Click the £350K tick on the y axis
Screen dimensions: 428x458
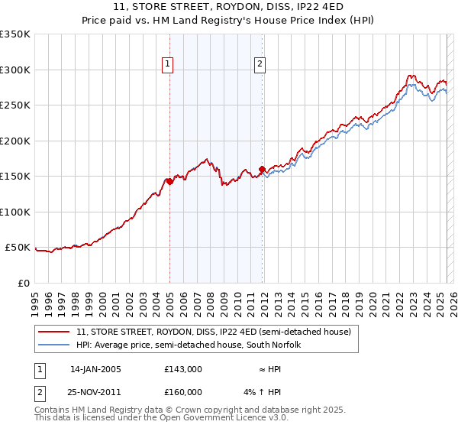pos(15,34)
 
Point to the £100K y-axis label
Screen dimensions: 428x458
pos(15,212)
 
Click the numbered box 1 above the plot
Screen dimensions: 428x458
pos(166,65)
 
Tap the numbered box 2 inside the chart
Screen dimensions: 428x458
pos(260,65)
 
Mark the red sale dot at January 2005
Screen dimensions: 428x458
pos(169,181)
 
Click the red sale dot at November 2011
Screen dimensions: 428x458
pos(262,169)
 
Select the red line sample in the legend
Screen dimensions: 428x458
pos(54,332)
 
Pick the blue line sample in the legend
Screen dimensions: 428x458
pos(54,345)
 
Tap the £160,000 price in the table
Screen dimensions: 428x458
pos(183,392)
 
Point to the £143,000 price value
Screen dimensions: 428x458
pos(183,369)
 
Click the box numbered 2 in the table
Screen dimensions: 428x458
pos(38,392)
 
